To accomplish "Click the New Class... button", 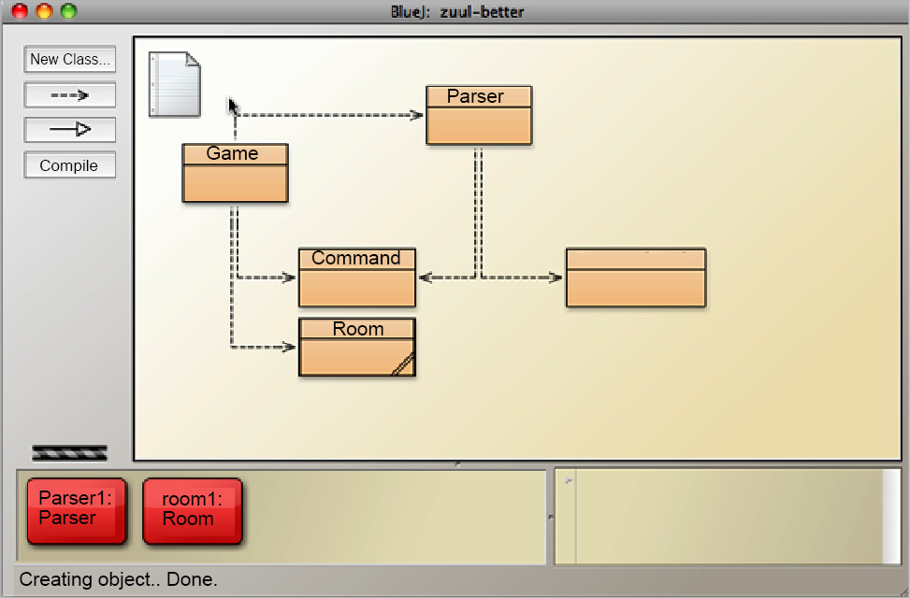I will tap(70, 59).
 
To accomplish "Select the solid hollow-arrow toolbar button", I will tap(70, 130).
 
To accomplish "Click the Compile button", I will tap(70, 165).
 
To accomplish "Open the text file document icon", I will tap(175, 85).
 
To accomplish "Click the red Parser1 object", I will tap(75, 510).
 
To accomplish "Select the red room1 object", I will tap(192, 510).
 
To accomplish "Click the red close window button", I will tap(20, 11).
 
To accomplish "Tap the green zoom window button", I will tap(68, 11).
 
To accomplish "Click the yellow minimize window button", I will tap(44, 11).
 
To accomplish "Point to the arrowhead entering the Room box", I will tap(291, 348).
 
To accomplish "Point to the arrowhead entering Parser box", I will tap(418, 116).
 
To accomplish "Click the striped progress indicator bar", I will tap(70, 453).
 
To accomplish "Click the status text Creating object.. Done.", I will tap(119, 579).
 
